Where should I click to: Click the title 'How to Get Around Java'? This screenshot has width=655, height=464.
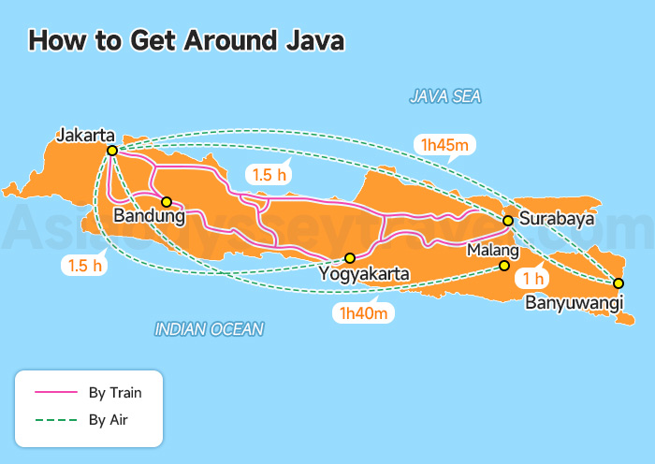coord(186,40)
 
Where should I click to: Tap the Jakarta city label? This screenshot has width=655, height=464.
coord(85,134)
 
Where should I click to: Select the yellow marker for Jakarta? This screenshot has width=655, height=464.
coord(111,151)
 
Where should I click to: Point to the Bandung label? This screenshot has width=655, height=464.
coord(146,217)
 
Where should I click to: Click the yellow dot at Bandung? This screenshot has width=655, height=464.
coord(166,201)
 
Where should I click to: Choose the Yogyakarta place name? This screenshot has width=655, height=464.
coord(364,274)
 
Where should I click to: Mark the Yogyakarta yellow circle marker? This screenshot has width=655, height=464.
coord(350,258)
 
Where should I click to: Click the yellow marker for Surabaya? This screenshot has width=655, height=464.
coord(507,221)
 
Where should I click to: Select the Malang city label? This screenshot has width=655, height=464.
coord(492,251)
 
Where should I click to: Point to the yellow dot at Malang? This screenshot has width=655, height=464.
coord(504,267)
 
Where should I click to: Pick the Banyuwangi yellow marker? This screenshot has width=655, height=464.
coord(618,283)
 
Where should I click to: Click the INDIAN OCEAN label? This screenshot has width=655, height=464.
coord(209,328)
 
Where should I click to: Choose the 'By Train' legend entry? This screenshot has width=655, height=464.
coord(114,392)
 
